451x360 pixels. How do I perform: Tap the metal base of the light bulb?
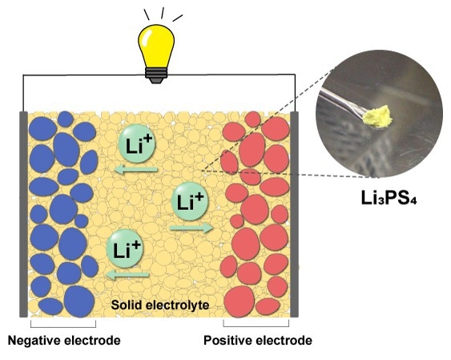(x=156, y=75)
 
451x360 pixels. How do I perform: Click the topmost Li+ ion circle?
(x=137, y=144)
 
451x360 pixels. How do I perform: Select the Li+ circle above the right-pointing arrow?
(x=190, y=201)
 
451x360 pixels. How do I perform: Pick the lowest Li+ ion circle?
(x=125, y=249)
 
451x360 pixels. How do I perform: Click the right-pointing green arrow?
(x=191, y=229)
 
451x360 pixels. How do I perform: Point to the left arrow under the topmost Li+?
(x=136, y=170)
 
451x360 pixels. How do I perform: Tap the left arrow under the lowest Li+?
(x=127, y=275)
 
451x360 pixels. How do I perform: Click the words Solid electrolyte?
(x=160, y=305)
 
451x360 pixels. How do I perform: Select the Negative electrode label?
(x=64, y=341)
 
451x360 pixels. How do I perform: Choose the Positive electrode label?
(x=258, y=341)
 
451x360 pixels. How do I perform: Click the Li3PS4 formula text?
(x=389, y=198)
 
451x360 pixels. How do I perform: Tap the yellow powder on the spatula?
(x=377, y=116)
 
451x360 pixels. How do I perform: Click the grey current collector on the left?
(x=23, y=214)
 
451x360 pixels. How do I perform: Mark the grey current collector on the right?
(x=295, y=214)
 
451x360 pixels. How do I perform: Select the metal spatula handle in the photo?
(x=342, y=102)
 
